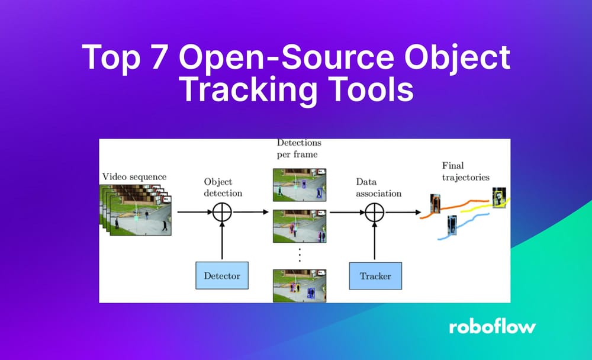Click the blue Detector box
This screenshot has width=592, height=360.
click(x=222, y=275)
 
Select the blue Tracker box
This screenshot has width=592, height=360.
click(x=375, y=275)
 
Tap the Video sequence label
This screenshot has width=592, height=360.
click(x=134, y=176)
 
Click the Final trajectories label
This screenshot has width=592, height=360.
click(x=466, y=171)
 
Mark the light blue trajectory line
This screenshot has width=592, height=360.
click(x=468, y=228)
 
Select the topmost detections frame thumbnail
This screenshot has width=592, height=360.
click(x=300, y=184)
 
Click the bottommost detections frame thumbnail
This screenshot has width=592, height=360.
click(x=300, y=285)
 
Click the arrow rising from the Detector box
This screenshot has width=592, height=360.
click(x=221, y=243)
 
